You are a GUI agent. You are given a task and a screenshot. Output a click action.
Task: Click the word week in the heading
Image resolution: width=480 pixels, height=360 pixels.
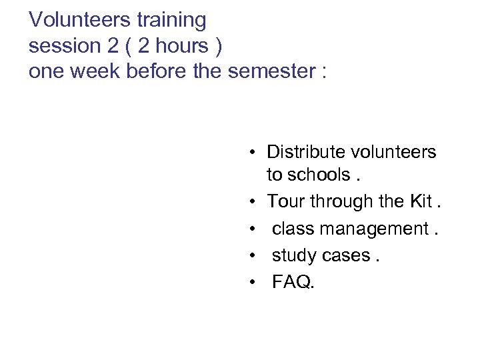(x=97, y=71)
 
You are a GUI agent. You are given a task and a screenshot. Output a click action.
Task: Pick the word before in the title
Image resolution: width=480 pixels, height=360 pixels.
(x=159, y=71)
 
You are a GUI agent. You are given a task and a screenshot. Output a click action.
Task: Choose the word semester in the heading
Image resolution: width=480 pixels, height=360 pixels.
(x=269, y=71)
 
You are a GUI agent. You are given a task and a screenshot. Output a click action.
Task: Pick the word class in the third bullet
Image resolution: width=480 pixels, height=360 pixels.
(x=293, y=229)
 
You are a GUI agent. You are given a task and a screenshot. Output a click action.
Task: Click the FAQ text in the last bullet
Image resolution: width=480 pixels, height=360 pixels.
(x=291, y=283)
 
